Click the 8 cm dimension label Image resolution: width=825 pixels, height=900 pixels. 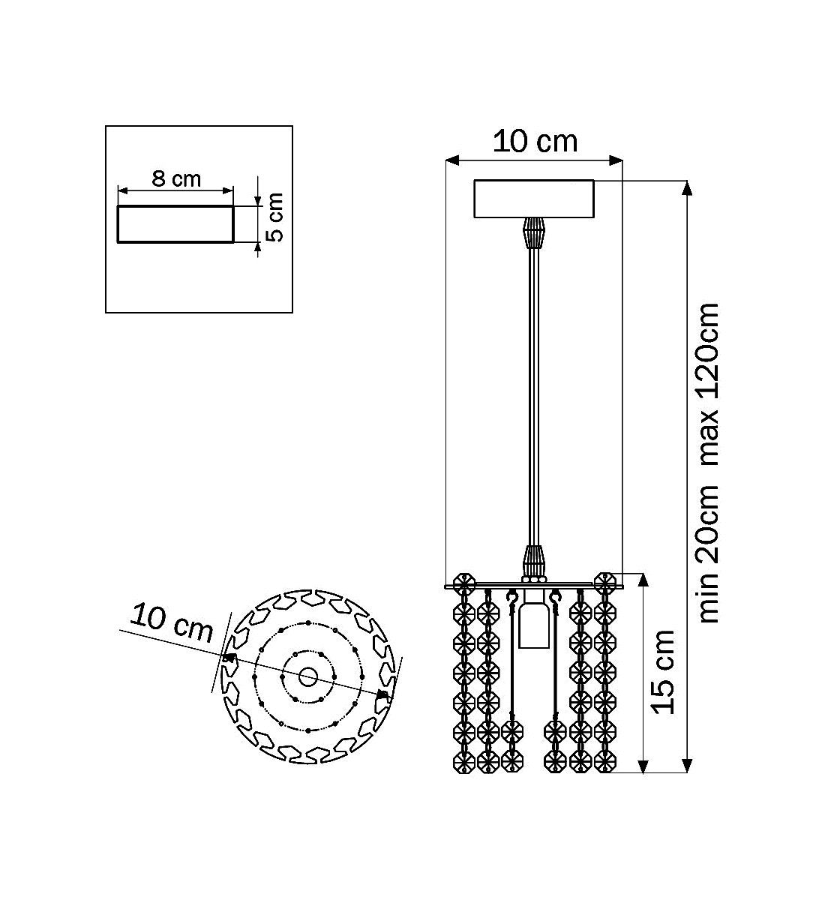(x=176, y=179)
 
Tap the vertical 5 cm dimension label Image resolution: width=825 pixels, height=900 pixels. (x=274, y=217)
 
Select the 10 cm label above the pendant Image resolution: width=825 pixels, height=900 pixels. (x=535, y=142)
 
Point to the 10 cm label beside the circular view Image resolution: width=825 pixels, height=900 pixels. (x=171, y=623)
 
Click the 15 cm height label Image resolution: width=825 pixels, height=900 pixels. (x=664, y=672)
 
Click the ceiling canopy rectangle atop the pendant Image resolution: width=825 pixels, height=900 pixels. (x=534, y=199)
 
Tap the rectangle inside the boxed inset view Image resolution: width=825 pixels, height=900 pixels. (x=175, y=224)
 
